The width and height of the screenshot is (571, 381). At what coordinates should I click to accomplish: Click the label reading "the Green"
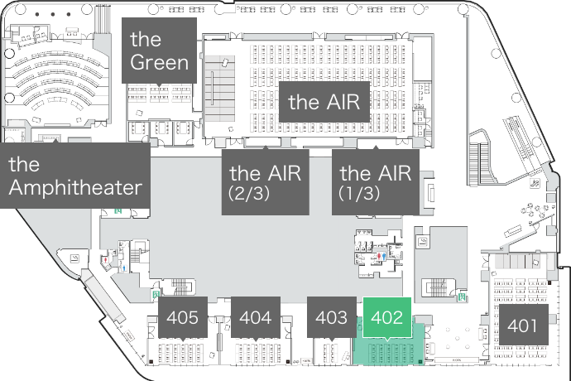click(159, 51)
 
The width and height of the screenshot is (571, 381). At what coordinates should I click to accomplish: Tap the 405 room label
click(182, 316)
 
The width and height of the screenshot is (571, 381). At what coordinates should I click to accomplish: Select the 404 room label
click(255, 316)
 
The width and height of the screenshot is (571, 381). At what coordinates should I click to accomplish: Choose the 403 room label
click(331, 316)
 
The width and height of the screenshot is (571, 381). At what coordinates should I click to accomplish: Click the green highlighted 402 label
click(386, 316)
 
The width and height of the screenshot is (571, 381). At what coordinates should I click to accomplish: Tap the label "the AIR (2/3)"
click(265, 181)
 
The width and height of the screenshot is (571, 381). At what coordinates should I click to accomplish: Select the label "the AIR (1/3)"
click(376, 181)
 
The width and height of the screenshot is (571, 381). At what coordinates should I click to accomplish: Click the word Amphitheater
click(74, 187)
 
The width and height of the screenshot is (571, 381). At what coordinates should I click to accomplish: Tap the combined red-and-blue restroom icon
click(380, 257)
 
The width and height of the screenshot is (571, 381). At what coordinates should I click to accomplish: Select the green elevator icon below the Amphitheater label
click(118, 210)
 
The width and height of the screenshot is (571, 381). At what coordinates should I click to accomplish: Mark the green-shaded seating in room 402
click(389, 354)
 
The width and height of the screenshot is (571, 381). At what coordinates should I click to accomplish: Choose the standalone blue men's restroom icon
click(123, 268)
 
